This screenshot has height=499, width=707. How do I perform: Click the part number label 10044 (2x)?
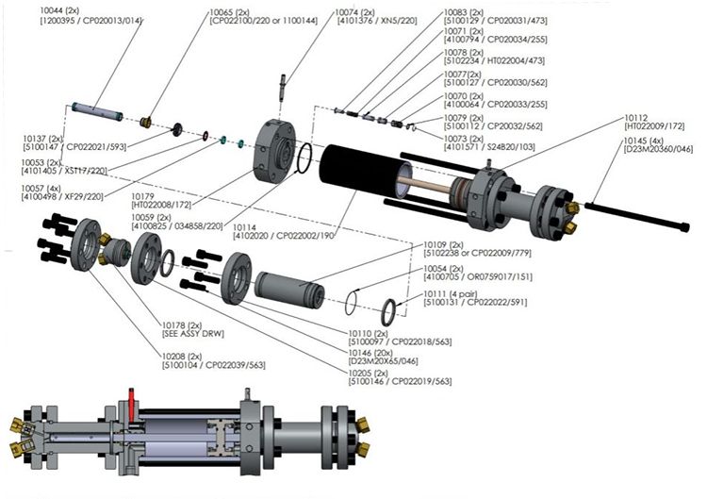58,9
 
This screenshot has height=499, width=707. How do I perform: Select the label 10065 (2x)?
226,9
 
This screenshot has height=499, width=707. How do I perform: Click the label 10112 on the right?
639,118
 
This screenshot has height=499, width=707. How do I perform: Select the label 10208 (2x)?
182,356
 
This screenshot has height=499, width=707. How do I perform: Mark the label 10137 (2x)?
42,138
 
